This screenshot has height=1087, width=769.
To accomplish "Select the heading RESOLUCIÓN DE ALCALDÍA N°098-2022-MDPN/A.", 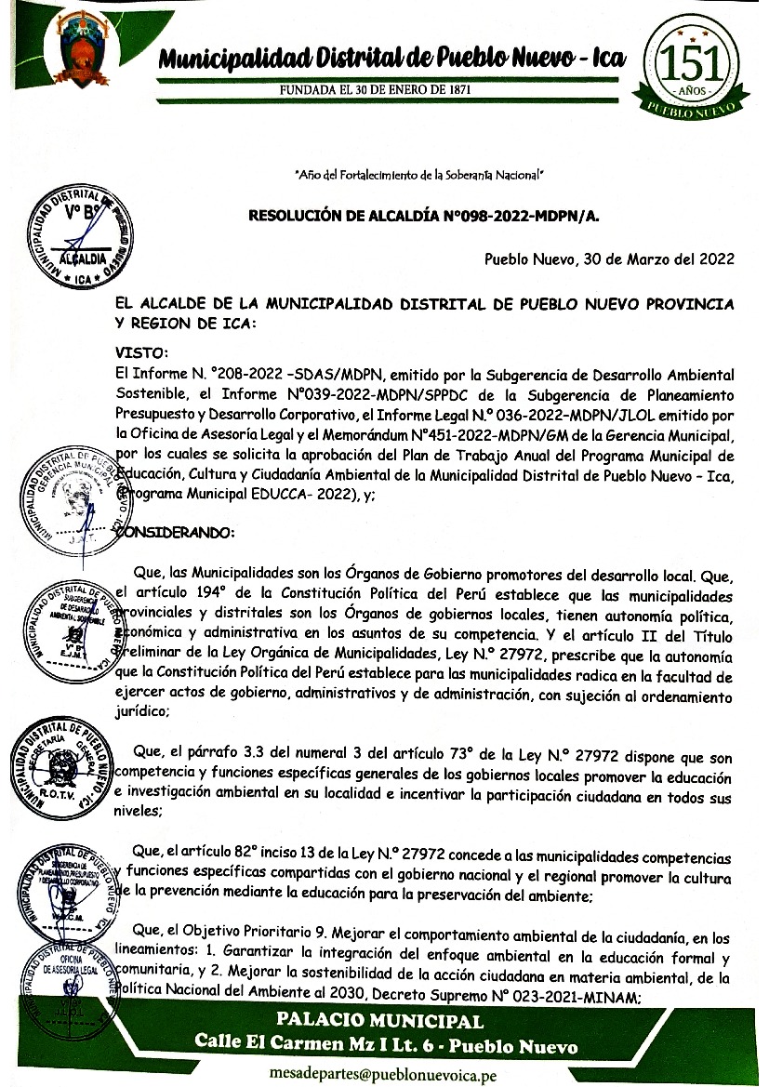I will pyautogui.click(x=424, y=217).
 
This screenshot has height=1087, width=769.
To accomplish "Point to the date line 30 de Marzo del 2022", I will pyautogui.click(x=610, y=258).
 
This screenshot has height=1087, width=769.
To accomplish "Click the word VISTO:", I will pyautogui.click(x=140, y=352).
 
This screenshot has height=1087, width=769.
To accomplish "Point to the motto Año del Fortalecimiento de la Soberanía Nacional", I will pyautogui.click(x=418, y=174).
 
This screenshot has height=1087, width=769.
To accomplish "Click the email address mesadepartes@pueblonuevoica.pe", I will pyautogui.click(x=382, y=1073).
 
